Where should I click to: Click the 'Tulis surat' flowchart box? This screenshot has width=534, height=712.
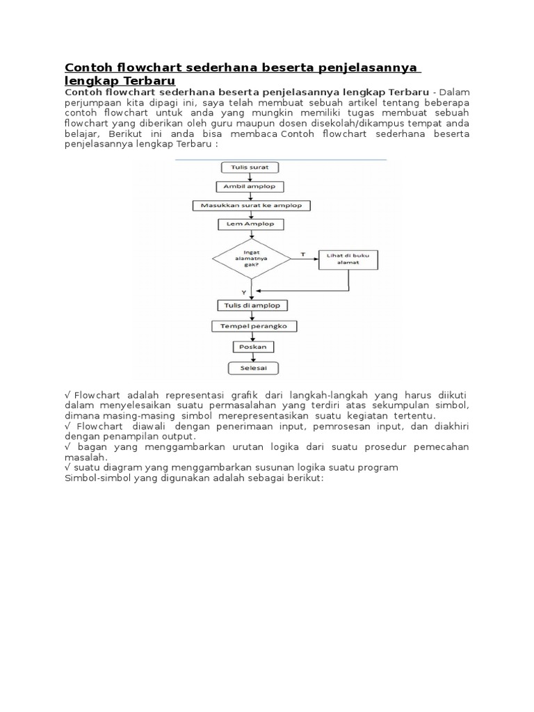pyautogui.click(x=241, y=168)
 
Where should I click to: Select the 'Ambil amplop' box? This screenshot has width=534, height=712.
pyautogui.click(x=240, y=186)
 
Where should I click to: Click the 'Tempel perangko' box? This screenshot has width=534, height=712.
pyautogui.click(x=244, y=325)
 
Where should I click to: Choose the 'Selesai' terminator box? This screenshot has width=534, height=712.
pyautogui.click(x=245, y=366)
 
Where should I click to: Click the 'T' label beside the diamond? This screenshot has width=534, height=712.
pyautogui.click(x=302, y=254)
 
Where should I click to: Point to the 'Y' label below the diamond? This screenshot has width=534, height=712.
pyautogui.click(x=243, y=292)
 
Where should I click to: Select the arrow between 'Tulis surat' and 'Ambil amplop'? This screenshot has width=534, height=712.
pyautogui.click(x=241, y=177)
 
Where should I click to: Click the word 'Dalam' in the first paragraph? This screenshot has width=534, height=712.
pyautogui.click(x=454, y=91)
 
